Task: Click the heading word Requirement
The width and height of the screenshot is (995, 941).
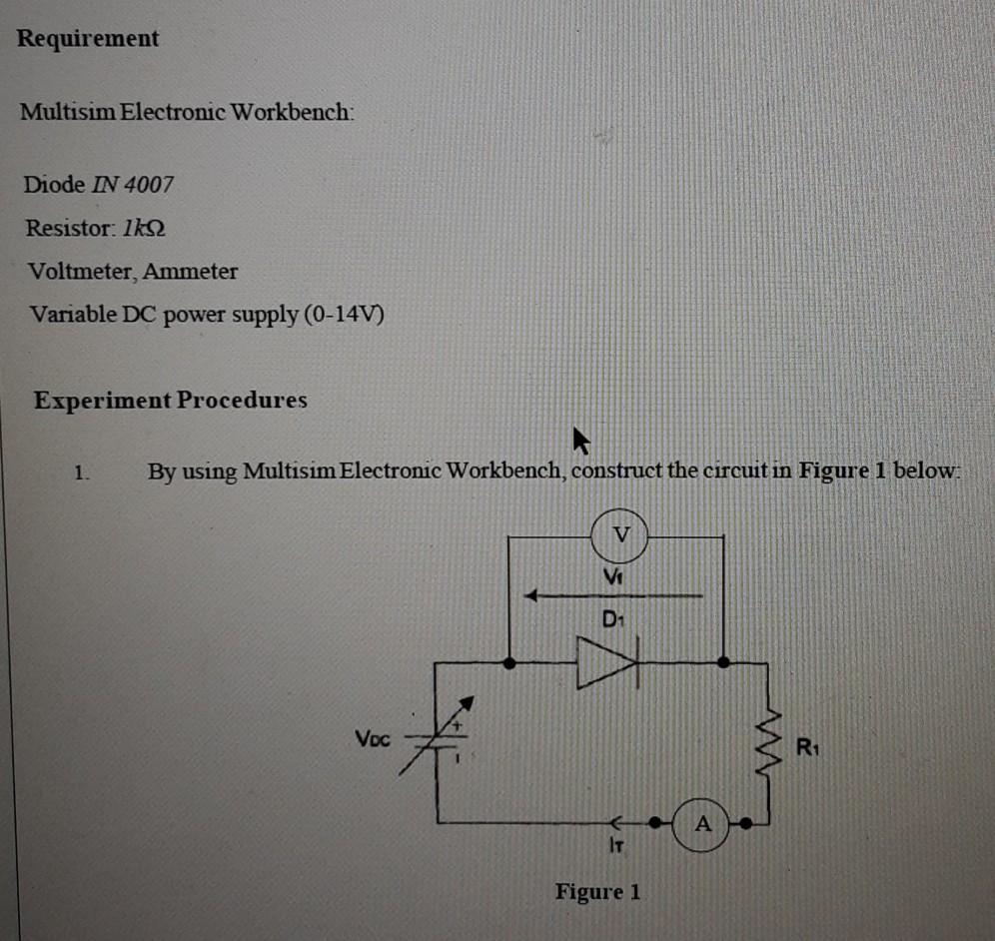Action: coord(88,39)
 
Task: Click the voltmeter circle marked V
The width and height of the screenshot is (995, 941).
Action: coord(621,535)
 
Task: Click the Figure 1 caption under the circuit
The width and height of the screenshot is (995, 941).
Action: coord(597,891)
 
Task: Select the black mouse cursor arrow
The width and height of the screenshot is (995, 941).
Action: coord(579,440)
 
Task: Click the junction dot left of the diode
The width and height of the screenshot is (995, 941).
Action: coord(509,662)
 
